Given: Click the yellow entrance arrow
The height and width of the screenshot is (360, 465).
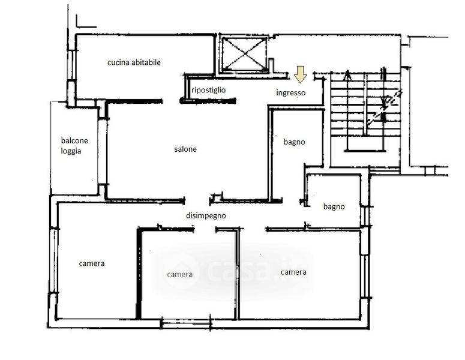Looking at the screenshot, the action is pyautogui.click(x=300, y=74).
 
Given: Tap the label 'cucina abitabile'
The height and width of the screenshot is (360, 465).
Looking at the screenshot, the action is pyautogui.click(x=134, y=62).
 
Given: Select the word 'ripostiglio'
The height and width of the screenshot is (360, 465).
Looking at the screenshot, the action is pyautogui.click(x=208, y=90).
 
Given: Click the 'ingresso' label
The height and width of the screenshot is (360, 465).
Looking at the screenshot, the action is pyautogui.click(x=290, y=93).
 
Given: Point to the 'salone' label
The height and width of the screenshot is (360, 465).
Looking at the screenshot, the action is pyautogui.click(x=185, y=149).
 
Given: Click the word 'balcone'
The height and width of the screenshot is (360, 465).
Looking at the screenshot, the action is pyautogui.click(x=74, y=140).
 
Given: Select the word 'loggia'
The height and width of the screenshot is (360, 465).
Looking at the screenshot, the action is pyautogui.click(x=71, y=151).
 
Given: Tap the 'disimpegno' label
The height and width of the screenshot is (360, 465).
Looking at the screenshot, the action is pyautogui.click(x=206, y=216).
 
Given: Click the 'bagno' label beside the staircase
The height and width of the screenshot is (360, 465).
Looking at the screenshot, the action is pyautogui.click(x=294, y=142).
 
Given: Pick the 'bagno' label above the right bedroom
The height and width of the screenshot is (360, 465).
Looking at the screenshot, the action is pyautogui.click(x=334, y=206).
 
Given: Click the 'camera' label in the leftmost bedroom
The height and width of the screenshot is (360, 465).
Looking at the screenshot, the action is pyautogui.click(x=92, y=263).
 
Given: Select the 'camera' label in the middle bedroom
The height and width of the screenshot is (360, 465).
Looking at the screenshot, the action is pyautogui.click(x=180, y=275).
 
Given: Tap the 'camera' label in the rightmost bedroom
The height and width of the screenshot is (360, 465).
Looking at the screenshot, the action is pyautogui.click(x=293, y=272).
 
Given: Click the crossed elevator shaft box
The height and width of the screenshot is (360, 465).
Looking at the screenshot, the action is pyautogui.click(x=245, y=54).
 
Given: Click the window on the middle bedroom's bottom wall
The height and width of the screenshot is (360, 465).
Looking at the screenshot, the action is pyautogui.click(x=186, y=323).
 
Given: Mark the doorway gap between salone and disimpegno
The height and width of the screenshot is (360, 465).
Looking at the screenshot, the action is pyautogui.click(x=197, y=201).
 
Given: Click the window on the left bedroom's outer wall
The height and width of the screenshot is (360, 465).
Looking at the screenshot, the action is pyautogui.click(x=53, y=260).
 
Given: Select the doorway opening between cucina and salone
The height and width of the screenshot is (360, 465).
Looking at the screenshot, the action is pyautogui.click(x=171, y=101).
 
